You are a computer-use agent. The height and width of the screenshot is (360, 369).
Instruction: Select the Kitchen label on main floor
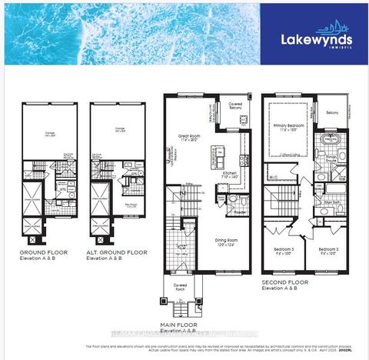pos(230,175)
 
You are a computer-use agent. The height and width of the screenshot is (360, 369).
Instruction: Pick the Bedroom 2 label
pos(329,249)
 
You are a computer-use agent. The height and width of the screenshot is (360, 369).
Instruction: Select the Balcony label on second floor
pos(331,113)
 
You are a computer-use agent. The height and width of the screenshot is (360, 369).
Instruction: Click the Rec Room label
pos(131,205)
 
